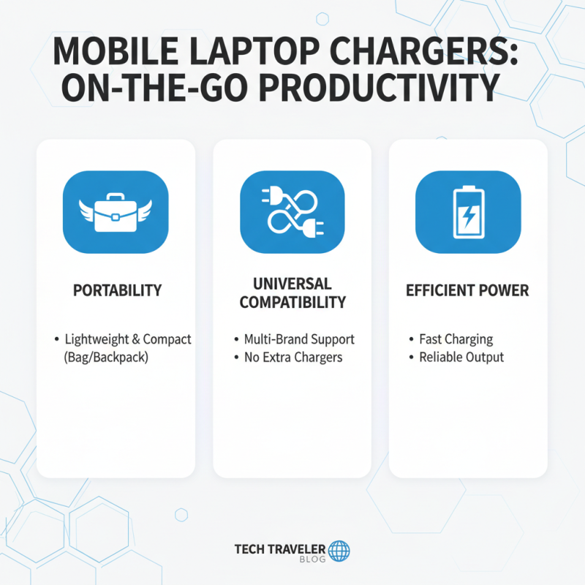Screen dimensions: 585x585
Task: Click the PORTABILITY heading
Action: (117, 290)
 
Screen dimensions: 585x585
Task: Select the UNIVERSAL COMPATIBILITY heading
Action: (292, 292)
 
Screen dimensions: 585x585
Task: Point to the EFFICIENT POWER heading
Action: (468, 290)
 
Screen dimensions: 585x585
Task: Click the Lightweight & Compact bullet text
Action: (128, 339)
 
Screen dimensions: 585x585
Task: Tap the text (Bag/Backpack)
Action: (106, 358)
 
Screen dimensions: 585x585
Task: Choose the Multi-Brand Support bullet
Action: (299, 339)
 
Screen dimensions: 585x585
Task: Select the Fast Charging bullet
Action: (456, 339)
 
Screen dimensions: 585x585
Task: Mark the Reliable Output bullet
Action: (461, 358)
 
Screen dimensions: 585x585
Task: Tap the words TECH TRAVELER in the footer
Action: (280, 548)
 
